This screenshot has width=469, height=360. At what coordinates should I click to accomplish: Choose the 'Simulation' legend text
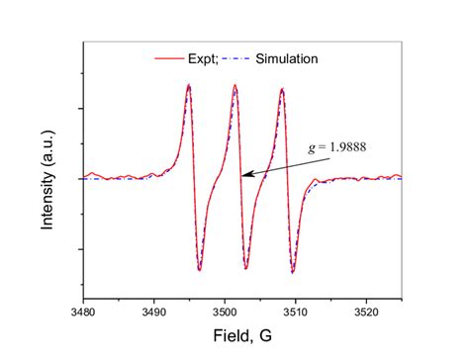tap(286, 58)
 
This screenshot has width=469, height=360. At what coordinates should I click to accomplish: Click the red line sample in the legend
tap(168, 58)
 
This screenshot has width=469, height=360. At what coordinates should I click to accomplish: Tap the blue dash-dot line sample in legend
tap(235, 58)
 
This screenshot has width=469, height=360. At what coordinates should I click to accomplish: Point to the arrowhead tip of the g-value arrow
tap(242, 176)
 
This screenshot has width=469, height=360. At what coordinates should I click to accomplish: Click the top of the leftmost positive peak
tap(188, 85)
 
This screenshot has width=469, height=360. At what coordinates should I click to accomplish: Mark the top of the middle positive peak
tap(235, 85)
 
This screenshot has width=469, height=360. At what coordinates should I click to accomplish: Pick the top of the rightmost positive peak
tap(282, 89)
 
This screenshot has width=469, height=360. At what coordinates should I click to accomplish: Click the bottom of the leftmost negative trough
tap(199, 269)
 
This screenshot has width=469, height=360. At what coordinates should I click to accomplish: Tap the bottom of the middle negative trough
tap(245, 268)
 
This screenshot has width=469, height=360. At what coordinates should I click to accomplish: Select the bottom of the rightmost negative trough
tap(293, 271)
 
